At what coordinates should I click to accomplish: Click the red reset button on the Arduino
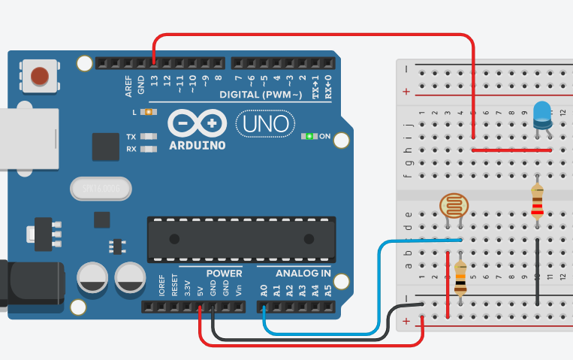point(40,76)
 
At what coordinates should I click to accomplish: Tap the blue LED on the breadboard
point(541,114)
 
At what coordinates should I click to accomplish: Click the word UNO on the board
point(263,123)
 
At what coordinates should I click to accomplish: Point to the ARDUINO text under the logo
point(197,145)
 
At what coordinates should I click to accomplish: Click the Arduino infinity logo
point(197,123)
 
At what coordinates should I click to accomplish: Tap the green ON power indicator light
point(309,136)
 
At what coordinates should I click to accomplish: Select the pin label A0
point(264,289)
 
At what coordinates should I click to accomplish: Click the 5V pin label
point(200,289)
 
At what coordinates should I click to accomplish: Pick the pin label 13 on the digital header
point(154,79)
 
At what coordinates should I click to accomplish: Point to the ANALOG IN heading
point(303,273)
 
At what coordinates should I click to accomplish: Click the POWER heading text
point(225,273)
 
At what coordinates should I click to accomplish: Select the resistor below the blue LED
point(537,201)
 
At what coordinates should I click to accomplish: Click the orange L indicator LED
point(148,112)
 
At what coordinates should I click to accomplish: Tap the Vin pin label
point(238,289)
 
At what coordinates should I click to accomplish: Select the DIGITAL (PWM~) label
point(261,95)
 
